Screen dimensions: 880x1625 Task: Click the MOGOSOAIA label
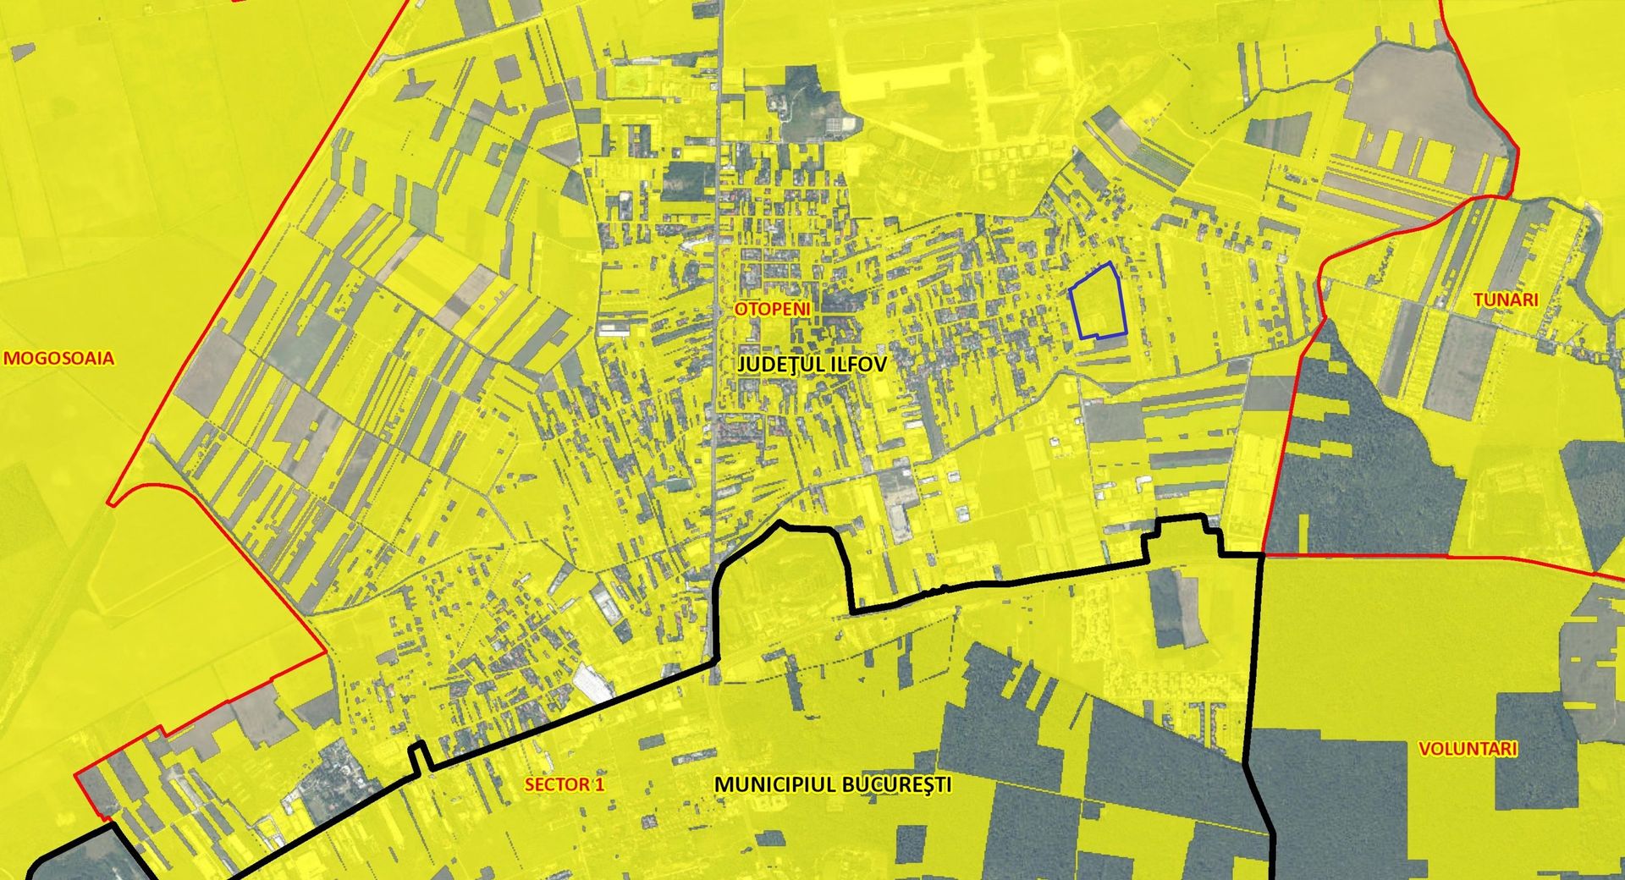[58, 358]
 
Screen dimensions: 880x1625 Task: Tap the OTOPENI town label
[772, 309]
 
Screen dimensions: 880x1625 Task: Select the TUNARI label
[1505, 300]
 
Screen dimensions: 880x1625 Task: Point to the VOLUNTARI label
[1467, 749]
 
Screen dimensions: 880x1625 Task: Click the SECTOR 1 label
[565, 784]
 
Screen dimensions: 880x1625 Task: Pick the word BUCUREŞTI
[895, 784]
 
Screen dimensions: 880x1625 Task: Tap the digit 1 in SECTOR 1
[600, 784]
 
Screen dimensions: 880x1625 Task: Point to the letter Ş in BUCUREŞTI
[924, 784]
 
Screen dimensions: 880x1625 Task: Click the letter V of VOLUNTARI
[1424, 749]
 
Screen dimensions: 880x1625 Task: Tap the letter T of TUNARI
[1479, 300]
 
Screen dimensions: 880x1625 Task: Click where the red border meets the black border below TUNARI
[1262, 554]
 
